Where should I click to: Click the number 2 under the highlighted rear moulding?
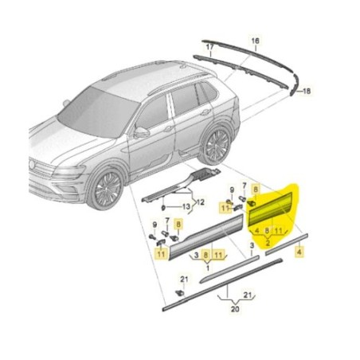point(268,241)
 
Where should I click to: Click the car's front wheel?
point(104,190)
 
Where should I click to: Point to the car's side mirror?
point(141,132)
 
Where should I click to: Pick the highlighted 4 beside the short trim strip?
point(299,251)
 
